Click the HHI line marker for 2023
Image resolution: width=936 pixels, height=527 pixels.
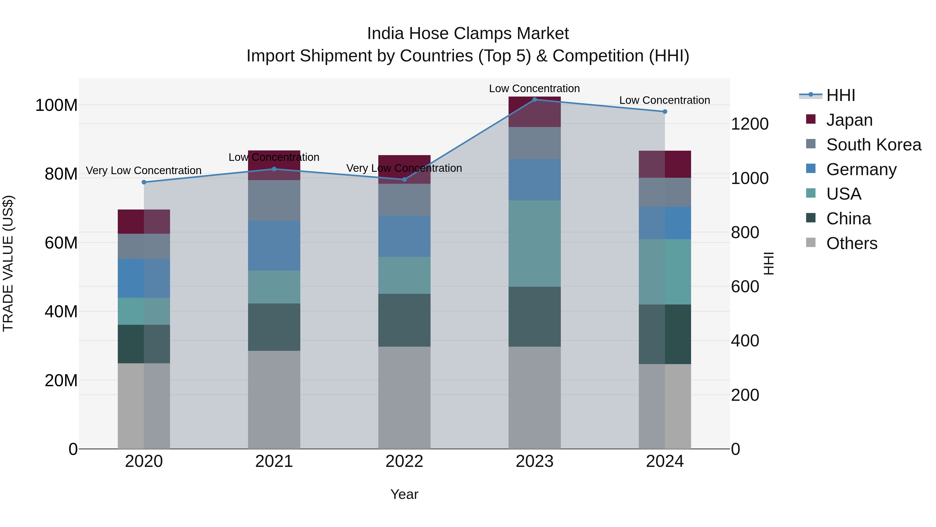(535, 99)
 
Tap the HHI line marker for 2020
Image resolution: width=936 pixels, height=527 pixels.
(144, 182)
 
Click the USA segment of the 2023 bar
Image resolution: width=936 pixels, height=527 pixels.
(535, 243)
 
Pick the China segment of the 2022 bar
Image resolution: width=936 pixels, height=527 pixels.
(404, 320)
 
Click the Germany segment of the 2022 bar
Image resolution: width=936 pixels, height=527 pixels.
(404, 236)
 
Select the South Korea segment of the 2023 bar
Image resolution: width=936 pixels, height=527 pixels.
(535, 143)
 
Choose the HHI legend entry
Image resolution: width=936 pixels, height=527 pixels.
(840, 95)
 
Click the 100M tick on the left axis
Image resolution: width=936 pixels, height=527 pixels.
(56, 105)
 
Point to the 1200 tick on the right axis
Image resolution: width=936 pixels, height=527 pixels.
(749, 124)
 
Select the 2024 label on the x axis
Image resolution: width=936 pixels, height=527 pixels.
(665, 461)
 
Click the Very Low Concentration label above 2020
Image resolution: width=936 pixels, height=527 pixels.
(144, 170)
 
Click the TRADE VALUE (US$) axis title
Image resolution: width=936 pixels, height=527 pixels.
(8, 263)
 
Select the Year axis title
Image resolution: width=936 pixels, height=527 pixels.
(404, 494)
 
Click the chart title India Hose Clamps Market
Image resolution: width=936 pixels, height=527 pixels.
(468, 34)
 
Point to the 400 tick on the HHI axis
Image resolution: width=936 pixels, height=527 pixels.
(745, 341)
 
